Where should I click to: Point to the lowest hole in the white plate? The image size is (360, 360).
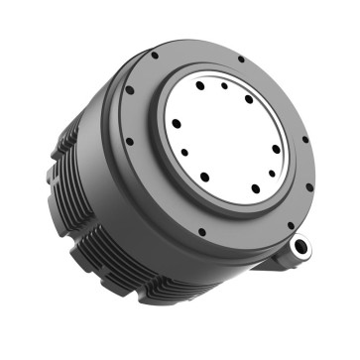(x=255, y=188)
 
